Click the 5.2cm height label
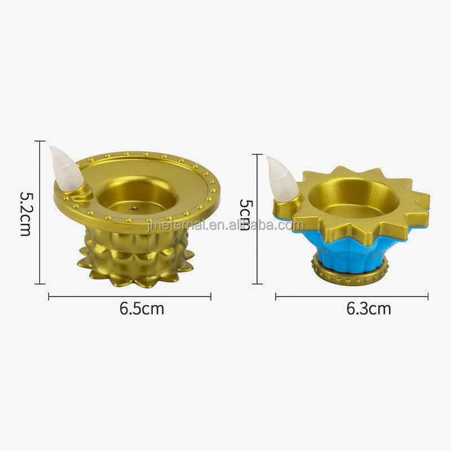coord(25,214)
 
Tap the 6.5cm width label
coord(142,308)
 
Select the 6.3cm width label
coord(369,308)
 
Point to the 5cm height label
coord(245,215)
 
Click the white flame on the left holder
coord(65,167)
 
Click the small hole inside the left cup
coord(134,207)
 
